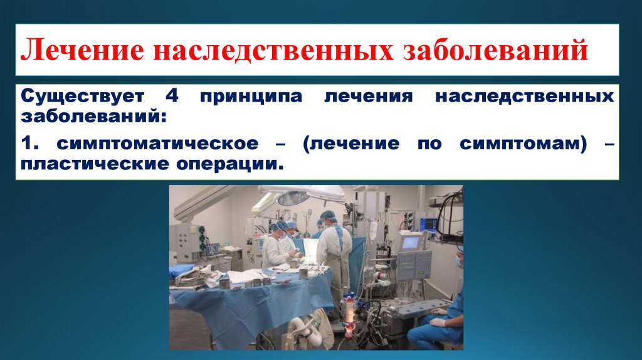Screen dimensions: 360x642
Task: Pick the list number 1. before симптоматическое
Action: point(29,144)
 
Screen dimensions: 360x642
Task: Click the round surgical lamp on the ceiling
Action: point(294,198)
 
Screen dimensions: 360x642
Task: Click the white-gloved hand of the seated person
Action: point(438,322)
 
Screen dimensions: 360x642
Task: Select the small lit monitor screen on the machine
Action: point(411,241)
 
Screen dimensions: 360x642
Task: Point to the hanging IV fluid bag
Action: point(372,230)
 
